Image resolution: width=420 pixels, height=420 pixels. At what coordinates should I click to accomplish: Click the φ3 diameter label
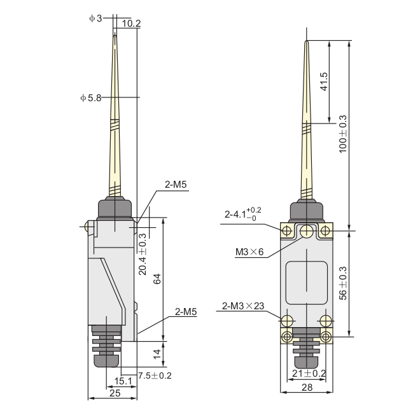pyautogui.click(x=95, y=18)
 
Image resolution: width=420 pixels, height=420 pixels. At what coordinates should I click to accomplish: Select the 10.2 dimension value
pyautogui.click(x=131, y=24)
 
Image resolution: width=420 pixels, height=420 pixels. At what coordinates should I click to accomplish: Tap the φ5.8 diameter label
pyautogui.click(x=91, y=98)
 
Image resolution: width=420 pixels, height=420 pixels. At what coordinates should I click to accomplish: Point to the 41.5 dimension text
pyautogui.click(x=324, y=81)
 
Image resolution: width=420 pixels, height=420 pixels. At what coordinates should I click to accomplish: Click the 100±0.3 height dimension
pyautogui.click(x=343, y=134)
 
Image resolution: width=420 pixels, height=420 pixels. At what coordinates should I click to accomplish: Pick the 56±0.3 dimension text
pyautogui.click(x=343, y=283)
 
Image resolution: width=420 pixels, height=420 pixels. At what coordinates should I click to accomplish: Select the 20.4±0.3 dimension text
pyautogui.click(x=143, y=254)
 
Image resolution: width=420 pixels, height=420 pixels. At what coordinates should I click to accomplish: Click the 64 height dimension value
pyautogui.click(x=157, y=279)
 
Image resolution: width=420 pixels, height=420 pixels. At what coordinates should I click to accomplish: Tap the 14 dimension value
pyautogui.click(x=157, y=354)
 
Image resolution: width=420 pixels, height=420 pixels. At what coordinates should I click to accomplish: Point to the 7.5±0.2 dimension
pyautogui.click(x=155, y=375)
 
